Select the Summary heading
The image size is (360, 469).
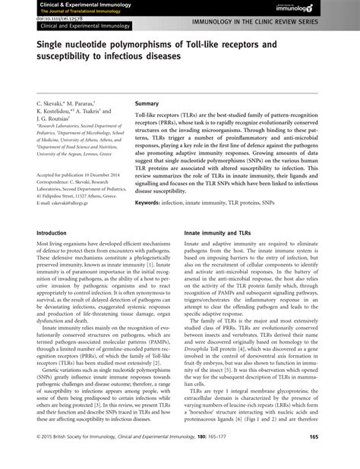pyautogui.click(x=148, y=102)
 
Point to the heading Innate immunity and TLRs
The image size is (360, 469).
pyautogui.click(x=217, y=234)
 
